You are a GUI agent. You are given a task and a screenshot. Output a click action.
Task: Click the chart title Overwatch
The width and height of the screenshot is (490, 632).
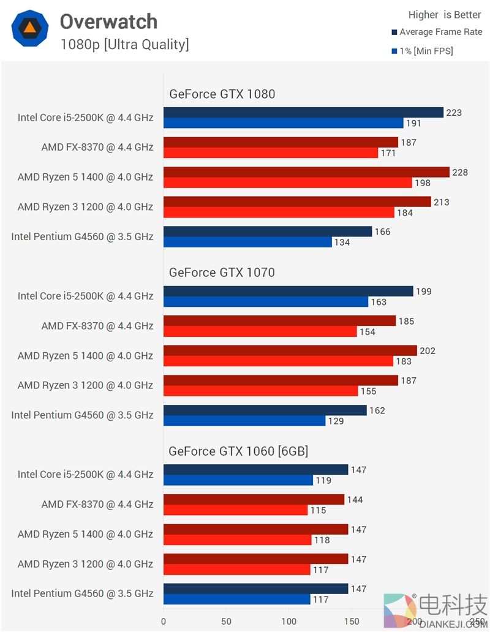(x=108, y=22)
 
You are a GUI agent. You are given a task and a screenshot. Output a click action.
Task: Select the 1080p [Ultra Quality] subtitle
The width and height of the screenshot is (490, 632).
(x=124, y=45)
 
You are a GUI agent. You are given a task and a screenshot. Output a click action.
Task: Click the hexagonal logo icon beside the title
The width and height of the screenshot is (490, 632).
(x=29, y=29)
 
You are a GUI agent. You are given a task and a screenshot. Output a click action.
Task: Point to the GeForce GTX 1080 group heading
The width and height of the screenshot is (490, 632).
(x=222, y=94)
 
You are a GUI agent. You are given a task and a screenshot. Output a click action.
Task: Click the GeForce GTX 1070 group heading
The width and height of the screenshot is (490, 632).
(x=222, y=273)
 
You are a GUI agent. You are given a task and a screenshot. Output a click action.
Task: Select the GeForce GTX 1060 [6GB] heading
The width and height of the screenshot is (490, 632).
(x=238, y=451)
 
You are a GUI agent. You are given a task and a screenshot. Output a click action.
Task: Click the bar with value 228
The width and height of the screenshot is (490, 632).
(x=306, y=172)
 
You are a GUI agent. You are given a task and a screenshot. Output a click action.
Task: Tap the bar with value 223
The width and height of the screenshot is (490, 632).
(x=303, y=113)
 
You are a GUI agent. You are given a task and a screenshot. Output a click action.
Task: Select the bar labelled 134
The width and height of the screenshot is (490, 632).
(x=247, y=243)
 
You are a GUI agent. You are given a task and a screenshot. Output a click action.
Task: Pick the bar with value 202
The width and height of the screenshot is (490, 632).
(x=290, y=350)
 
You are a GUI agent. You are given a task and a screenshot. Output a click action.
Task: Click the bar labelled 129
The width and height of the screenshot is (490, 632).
(x=244, y=421)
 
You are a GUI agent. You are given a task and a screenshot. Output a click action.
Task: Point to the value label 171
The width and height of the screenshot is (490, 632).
(x=388, y=153)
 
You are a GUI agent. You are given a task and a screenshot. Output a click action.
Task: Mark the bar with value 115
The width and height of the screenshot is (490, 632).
(x=235, y=510)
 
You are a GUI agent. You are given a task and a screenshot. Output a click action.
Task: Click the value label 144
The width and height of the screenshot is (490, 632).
(x=355, y=500)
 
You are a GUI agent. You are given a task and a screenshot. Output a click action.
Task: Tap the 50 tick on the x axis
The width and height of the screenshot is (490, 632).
(x=226, y=621)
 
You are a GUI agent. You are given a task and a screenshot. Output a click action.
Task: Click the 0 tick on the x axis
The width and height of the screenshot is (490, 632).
(x=164, y=621)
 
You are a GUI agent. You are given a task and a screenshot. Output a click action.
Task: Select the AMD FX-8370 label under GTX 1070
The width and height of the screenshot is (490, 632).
(x=97, y=326)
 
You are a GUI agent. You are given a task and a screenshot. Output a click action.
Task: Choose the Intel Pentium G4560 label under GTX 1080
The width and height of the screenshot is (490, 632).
(x=82, y=236)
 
